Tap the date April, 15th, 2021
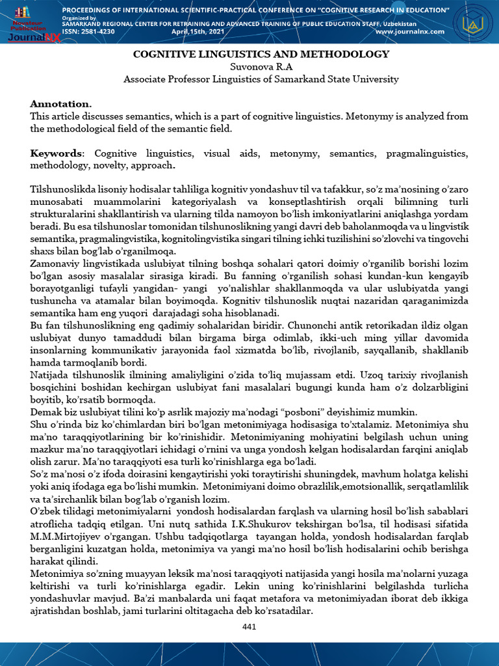click(198, 31)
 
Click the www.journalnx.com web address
click(409, 31)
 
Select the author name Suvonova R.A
click(261, 67)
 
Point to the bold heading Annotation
click(60, 104)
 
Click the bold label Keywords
click(57, 153)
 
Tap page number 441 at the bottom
click(249, 626)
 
